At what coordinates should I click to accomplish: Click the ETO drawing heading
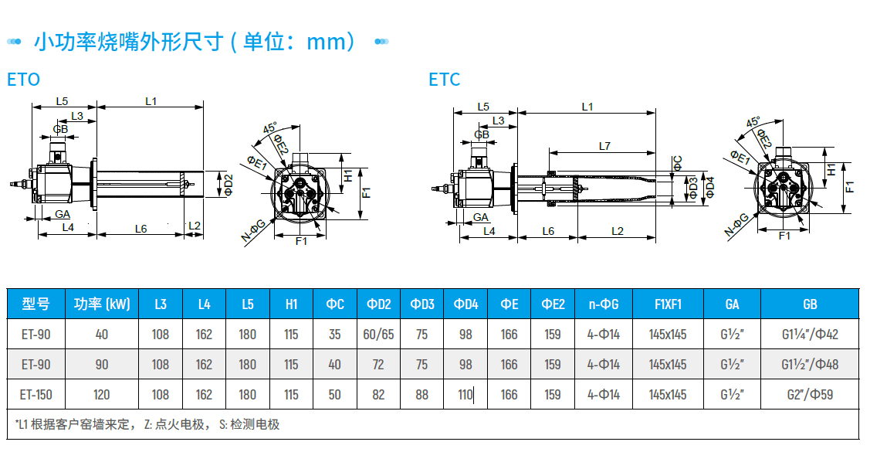(23, 80)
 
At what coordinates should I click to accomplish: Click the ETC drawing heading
(445, 80)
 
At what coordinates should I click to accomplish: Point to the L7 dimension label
(604, 145)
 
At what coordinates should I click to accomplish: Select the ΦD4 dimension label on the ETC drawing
(709, 187)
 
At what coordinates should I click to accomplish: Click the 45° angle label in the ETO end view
(269, 127)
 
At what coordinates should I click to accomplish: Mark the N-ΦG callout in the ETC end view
(736, 225)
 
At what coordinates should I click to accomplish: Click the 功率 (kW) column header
(102, 304)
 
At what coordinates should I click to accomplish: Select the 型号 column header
(36, 304)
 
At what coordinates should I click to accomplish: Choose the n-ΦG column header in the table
(604, 304)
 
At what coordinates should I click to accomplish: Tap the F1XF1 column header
(668, 304)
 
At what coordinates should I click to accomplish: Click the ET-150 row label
(36, 395)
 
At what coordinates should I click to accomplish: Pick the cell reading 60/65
(378, 335)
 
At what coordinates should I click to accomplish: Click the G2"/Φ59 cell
(810, 395)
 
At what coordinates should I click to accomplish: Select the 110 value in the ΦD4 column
(465, 395)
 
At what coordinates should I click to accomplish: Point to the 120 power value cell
(102, 395)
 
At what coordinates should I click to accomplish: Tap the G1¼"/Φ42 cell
(810, 335)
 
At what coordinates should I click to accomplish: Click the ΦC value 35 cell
(334, 335)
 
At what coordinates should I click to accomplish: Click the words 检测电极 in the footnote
(254, 424)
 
